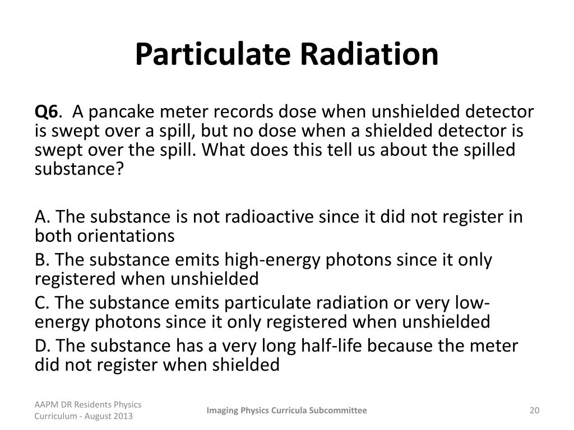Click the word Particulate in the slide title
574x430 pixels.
pos(212,54)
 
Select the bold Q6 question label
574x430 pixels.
pos(46,112)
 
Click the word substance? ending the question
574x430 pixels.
pos(78,169)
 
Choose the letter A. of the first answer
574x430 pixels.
pos(43,217)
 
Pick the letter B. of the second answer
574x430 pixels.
pos(43,260)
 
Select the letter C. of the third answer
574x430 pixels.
pos(43,303)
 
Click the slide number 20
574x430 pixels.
pos(534,410)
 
